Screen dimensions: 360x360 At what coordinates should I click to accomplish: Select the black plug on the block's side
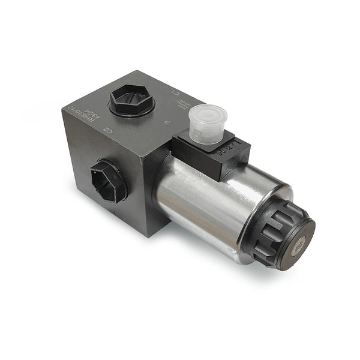click(109, 180)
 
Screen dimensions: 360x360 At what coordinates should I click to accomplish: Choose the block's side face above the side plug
click(90, 144)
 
